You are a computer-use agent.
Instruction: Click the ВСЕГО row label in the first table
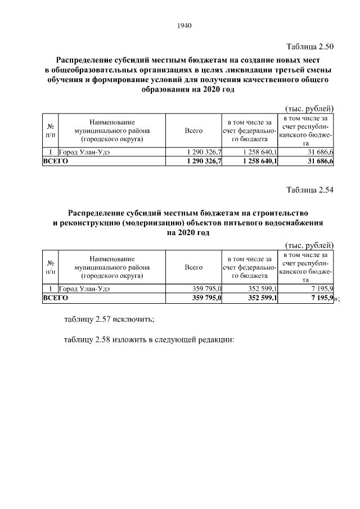(x=56, y=161)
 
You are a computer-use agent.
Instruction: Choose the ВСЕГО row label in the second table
(x=56, y=298)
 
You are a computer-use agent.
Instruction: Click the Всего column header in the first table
(x=193, y=130)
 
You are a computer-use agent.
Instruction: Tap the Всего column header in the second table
(x=193, y=267)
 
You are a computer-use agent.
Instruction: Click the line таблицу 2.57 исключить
(x=109, y=320)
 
